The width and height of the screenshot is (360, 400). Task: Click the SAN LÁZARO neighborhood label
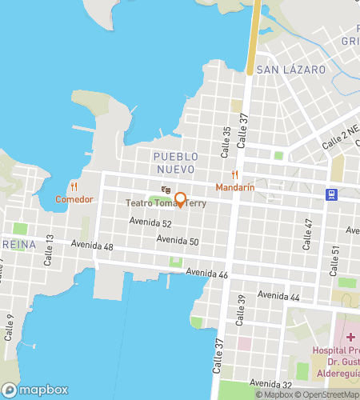(291, 70)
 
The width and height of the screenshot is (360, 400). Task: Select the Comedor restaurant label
(74, 199)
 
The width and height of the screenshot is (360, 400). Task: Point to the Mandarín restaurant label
(235, 187)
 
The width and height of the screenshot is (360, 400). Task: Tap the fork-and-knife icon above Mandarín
(235, 174)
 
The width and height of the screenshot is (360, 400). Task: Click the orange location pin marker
(181, 199)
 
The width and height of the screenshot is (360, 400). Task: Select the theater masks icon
(166, 190)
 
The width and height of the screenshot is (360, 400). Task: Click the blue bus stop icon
(330, 194)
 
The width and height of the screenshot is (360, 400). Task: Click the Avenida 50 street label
(178, 240)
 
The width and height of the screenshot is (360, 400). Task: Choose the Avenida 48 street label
(92, 245)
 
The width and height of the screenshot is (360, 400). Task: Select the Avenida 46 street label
(207, 274)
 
